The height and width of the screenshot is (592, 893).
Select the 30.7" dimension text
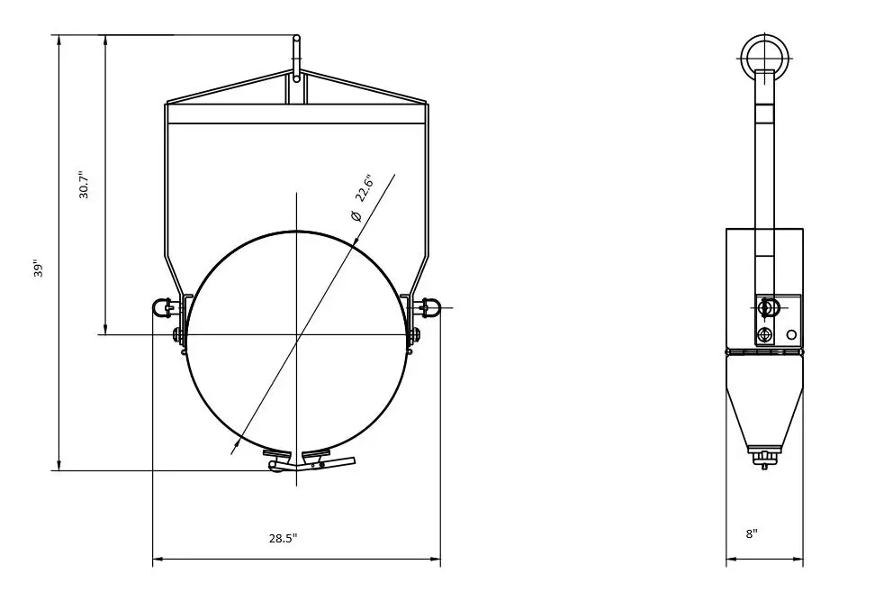point(84,185)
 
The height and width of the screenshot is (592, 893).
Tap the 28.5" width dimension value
point(283,538)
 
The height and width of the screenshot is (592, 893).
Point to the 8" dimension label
point(752,533)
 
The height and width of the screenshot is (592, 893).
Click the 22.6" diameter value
point(363,187)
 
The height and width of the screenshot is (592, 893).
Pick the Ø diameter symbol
point(356,215)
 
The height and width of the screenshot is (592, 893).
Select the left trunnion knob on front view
point(162,307)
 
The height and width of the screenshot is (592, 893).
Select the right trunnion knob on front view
point(428,307)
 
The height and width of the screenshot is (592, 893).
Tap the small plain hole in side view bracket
point(790,334)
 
